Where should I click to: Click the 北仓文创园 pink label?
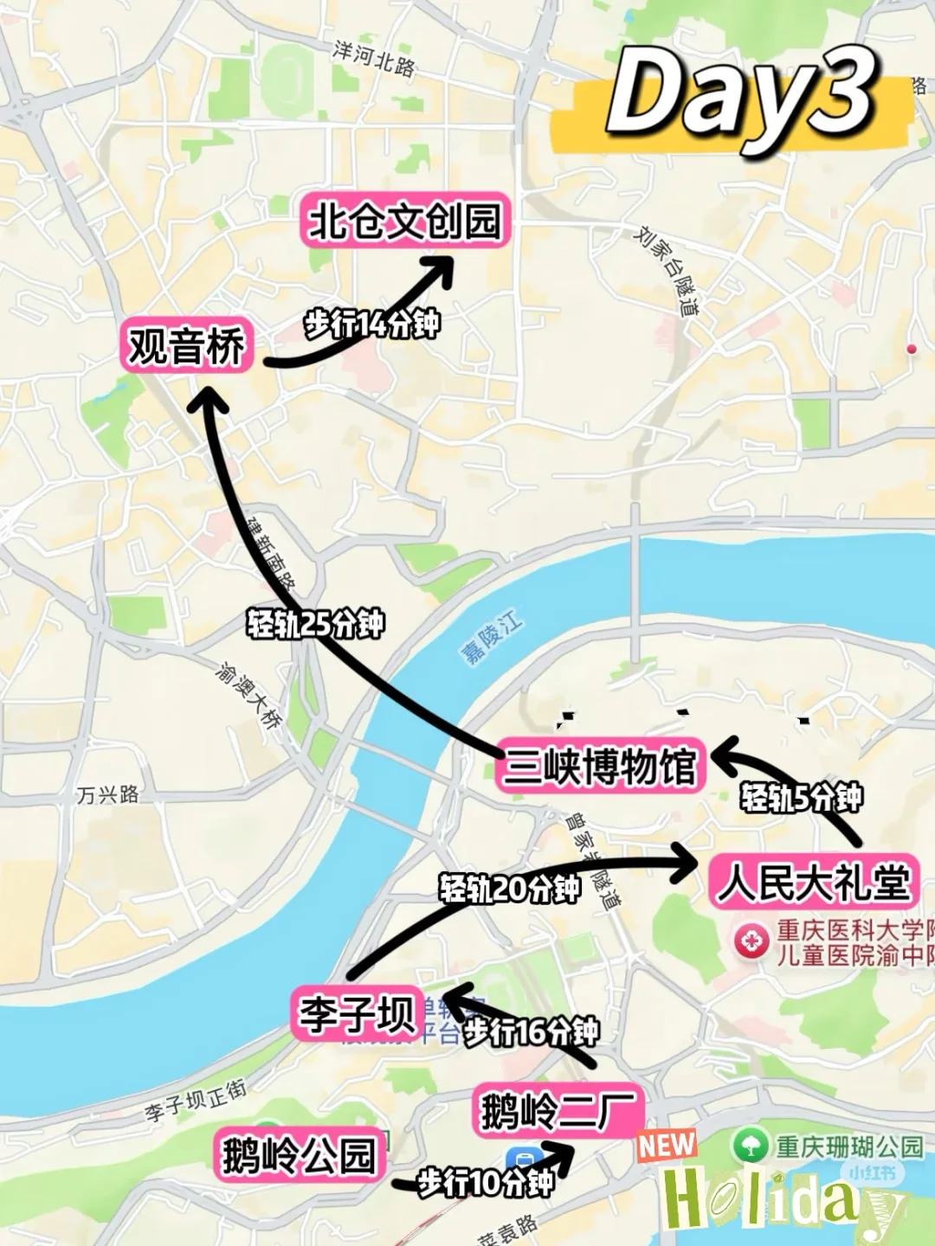pyautogui.click(x=405, y=221)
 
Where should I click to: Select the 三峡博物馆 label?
pyautogui.click(x=600, y=766)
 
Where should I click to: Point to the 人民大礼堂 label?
pyautogui.click(x=813, y=883)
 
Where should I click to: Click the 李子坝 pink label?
pyautogui.click(x=358, y=1013)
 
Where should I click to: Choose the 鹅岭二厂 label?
pyautogui.click(x=558, y=1110)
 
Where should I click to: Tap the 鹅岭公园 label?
pyautogui.click(x=300, y=1155)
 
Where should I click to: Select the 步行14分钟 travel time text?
pyautogui.click(x=372, y=324)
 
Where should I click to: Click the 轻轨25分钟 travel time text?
pyautogui.click(x=315, y=623)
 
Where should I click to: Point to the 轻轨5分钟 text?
pyautogui.click(x=801, y=797)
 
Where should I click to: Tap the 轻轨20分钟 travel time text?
pyautogui.click(x=509, y=888)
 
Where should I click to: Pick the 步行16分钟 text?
pyautogui.click(x=531, y=1031)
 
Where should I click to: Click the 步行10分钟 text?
pyautogui.click(x=485, y=1182)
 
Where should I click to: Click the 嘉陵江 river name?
pyautogui.click(x=492, y=638)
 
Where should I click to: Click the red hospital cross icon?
pyautogui.click(x=751, y=941)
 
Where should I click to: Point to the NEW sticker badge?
pyautogui.click(x=667, y=1145)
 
